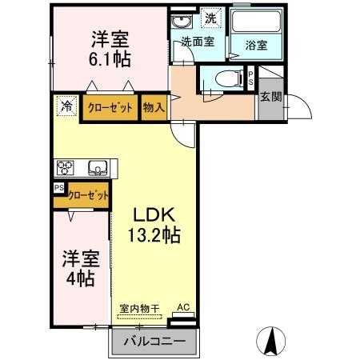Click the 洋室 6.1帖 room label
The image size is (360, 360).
[x=110, y=48]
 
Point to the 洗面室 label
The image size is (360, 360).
[x=196, y=42]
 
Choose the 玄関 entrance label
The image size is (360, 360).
[x=269, y=96]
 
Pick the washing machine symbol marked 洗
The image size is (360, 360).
[x=210, y=18]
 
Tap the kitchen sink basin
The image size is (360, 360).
[x=98, y=168]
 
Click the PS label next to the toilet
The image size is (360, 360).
[x=251, y=78]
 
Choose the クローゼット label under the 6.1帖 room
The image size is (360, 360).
[x=110, y=106]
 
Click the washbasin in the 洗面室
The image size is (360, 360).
[x=180, y=22]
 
